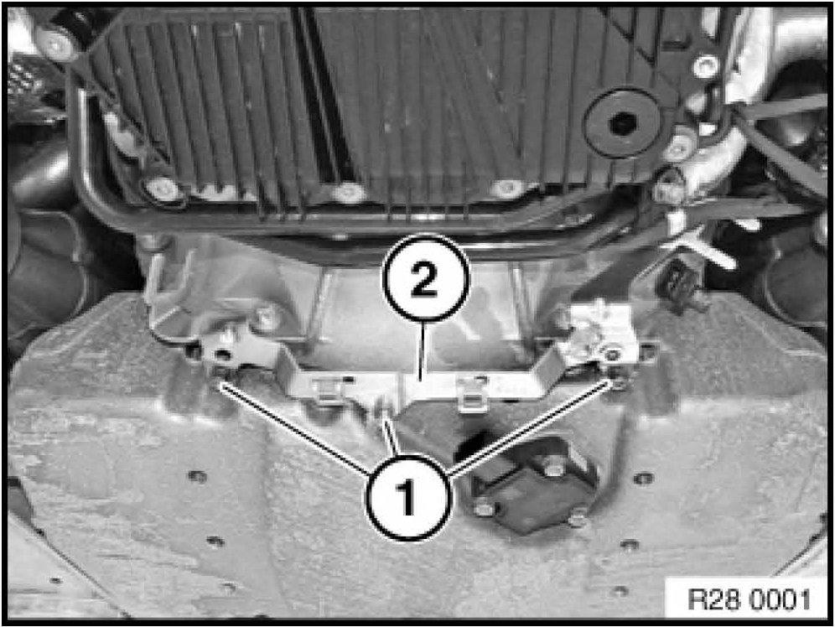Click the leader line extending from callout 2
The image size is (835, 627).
[421, 350]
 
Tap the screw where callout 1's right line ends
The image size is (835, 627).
[616, 381]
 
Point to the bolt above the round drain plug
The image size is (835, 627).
[705, 66]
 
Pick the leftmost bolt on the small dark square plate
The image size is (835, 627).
[484, 508]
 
